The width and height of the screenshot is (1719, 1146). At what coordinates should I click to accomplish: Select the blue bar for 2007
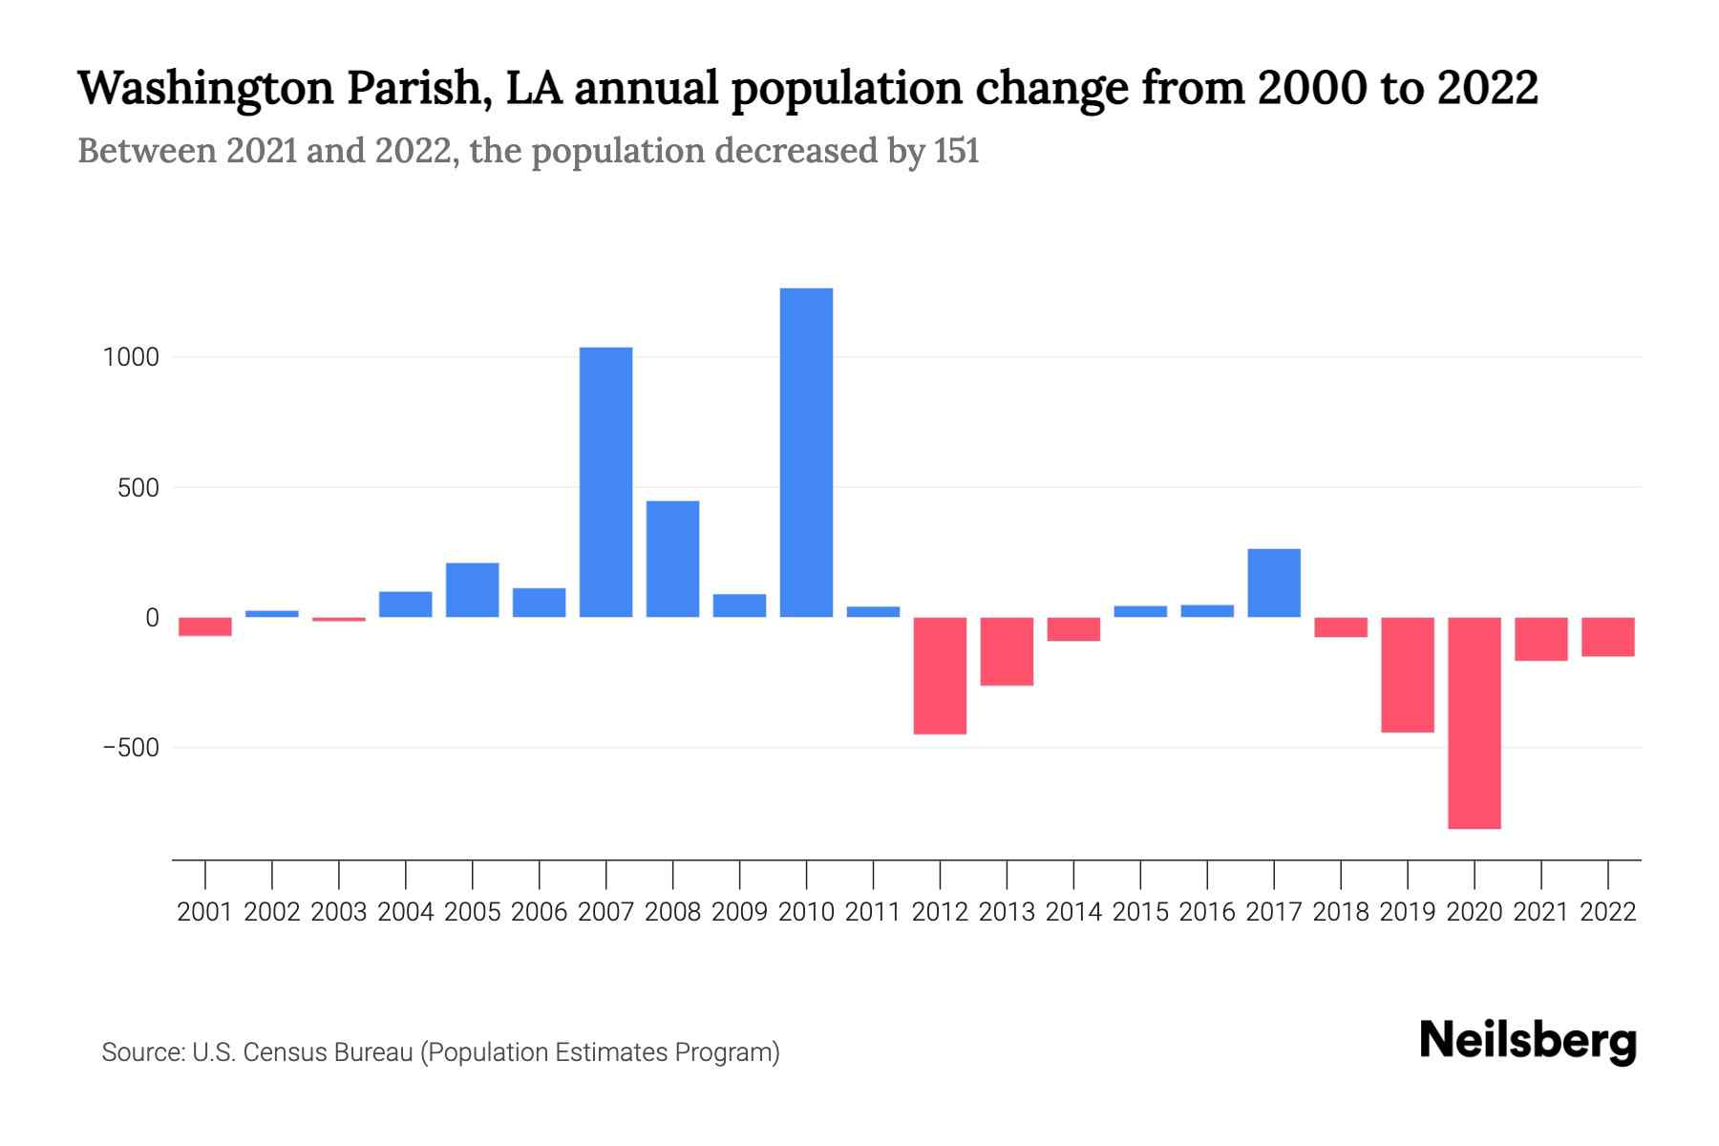click(x=605, y=481)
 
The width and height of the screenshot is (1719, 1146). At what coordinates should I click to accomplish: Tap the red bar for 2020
click(x=1474, y=723)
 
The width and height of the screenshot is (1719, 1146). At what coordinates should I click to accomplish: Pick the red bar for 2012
click(x=940, y=675)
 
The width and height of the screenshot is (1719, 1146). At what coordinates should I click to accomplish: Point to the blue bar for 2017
click(x=1273, y=583)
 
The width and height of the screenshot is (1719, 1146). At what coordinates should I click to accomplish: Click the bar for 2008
click(x=672, y=559)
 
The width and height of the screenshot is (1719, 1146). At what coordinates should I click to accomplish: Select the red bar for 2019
click(x=1407, y=674)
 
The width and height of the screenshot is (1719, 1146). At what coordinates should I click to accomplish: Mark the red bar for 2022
click(x=1607, y=637)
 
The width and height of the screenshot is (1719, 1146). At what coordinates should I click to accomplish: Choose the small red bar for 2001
click(x=205, y=626)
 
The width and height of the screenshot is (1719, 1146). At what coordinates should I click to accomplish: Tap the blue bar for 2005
click(x=472, y=590)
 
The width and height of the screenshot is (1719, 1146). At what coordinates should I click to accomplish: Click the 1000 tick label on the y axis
click(x=132, y=358)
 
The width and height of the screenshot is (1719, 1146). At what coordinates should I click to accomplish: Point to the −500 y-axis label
click(x=132, y=748)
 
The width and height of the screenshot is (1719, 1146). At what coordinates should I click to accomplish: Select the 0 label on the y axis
click(x=152, y=618)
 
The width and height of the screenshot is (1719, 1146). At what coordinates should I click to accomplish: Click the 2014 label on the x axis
click(x=1073, y=912)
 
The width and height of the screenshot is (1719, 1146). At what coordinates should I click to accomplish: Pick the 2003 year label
click(x=339, y=912)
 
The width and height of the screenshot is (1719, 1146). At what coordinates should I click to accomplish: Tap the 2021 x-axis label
click(x=1540, y=912)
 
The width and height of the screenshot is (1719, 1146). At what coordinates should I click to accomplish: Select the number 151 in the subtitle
click(x=957, y=152)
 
